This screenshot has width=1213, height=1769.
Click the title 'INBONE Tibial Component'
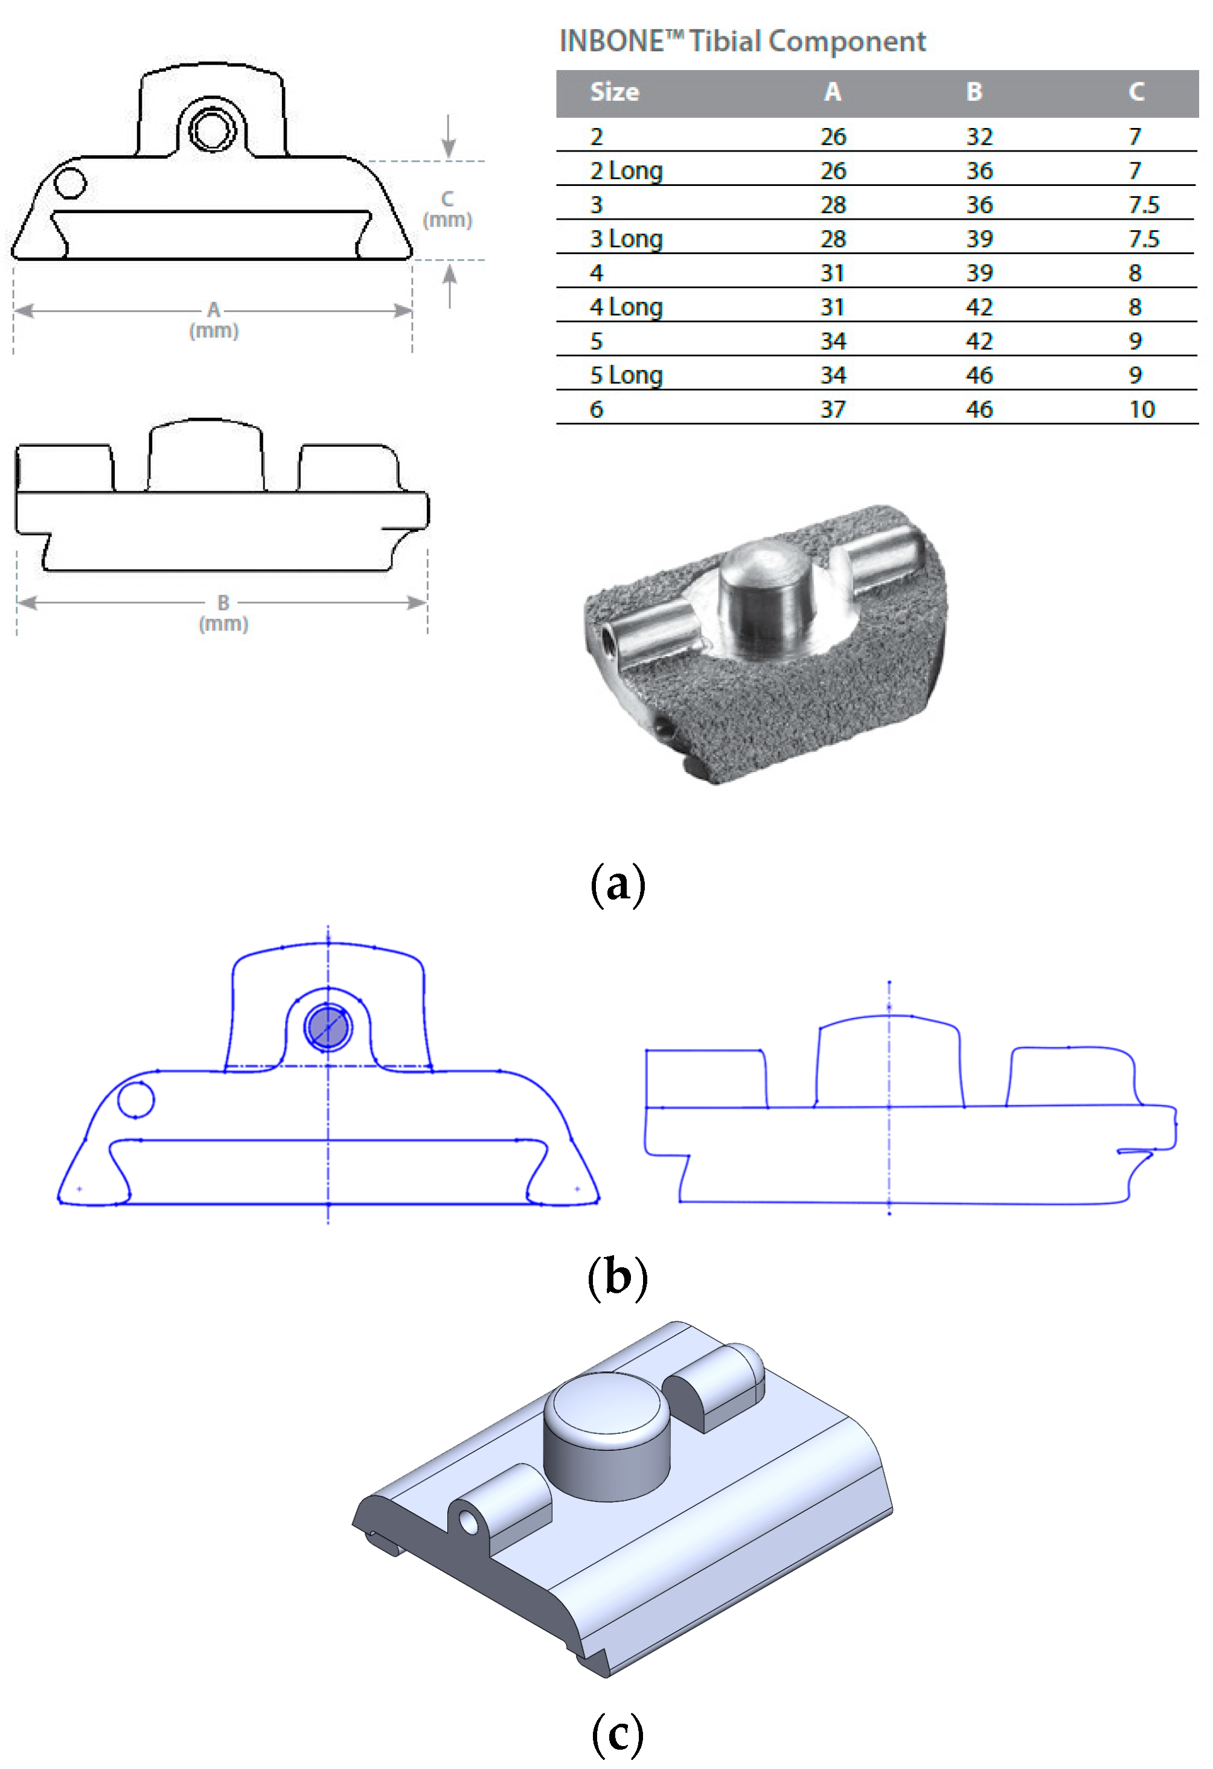tap(743, 41)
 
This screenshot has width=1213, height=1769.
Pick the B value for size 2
tap(979, 137)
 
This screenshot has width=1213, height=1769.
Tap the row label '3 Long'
tap(626, 239)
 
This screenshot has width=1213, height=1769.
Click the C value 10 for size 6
tap(1141, 409)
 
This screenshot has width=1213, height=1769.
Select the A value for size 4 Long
tap(832, 307)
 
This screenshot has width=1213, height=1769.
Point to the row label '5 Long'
tap(626, 376)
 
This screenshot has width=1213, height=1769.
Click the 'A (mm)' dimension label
tap(214, 320)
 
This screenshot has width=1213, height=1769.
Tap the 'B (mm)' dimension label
tap(223, 613)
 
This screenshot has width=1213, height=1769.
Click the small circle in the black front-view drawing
tap(70, 184)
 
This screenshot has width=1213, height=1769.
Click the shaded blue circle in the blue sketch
tap(327, 1027)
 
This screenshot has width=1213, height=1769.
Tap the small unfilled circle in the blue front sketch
tap(136, 1099)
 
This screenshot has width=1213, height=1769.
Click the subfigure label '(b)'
tap(617, 1276)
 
